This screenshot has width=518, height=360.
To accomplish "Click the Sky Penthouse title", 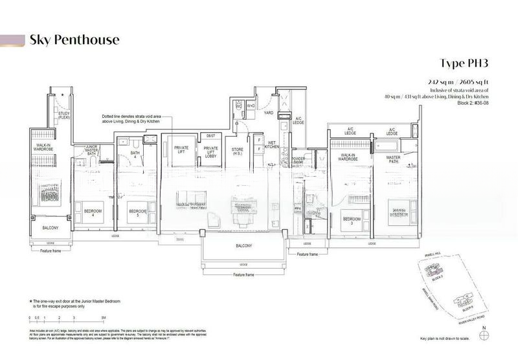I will (74, 40).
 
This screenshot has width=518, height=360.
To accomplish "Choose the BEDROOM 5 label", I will (137, 212).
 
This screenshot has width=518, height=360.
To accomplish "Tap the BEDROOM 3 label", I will (352, 219).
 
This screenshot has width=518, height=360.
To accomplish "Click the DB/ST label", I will (210, 136).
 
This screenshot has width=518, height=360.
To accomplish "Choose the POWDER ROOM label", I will (299, 160).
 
